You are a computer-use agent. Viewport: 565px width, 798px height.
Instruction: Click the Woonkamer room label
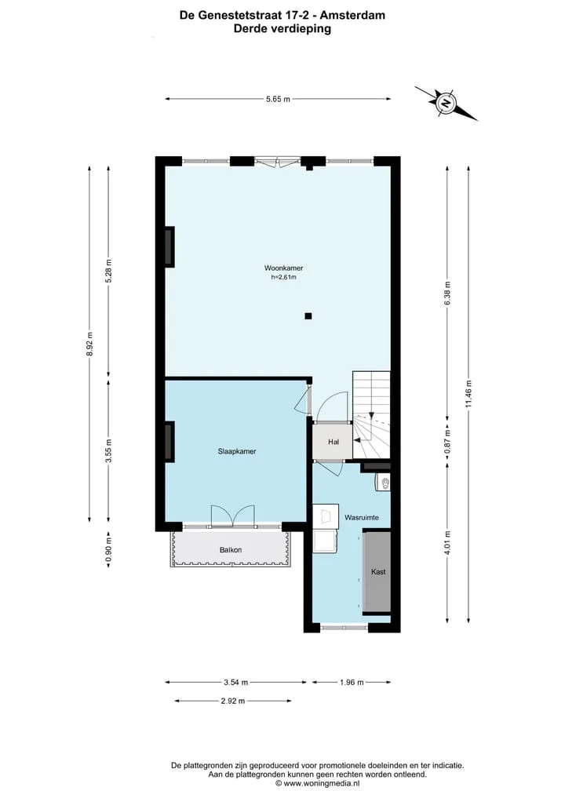point(283,268)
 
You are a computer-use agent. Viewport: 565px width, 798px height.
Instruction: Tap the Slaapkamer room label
point(237,451)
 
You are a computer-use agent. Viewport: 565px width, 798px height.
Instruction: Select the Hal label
point(334,442)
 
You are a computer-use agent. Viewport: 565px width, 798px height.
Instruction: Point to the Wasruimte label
point(362,518)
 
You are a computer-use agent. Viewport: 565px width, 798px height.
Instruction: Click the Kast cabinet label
point(378,572)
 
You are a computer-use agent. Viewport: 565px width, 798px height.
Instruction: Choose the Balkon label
point(231,549)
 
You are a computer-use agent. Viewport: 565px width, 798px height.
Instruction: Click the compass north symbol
point(447,104)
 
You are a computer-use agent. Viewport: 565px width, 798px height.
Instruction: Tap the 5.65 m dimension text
point(278,99)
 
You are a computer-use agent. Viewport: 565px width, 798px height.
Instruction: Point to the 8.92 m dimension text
point(90,344)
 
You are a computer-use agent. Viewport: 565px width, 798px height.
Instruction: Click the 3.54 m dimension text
point(236,683)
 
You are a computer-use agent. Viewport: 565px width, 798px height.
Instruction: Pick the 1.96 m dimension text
point(352,683)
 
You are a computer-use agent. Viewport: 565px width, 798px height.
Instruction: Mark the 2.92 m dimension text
point(232,701)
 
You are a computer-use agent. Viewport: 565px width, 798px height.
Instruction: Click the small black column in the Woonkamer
point(308,316)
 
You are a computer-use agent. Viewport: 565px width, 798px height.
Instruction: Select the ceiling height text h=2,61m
point(283,277)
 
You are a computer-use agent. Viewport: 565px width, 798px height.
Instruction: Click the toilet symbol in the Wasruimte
point(383,482)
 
